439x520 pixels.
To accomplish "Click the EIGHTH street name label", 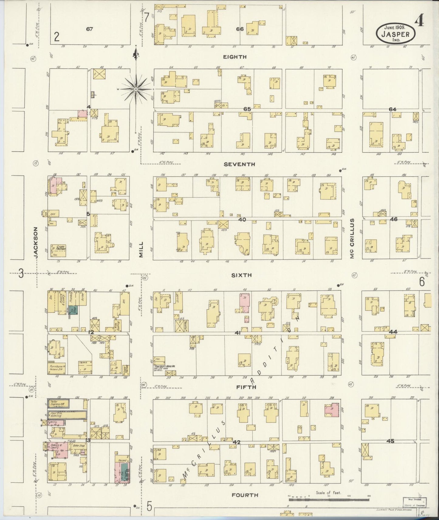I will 235,57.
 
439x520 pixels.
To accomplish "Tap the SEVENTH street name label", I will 239,164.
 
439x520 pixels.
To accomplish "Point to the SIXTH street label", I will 241,275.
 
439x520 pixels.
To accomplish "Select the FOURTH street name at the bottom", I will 245,495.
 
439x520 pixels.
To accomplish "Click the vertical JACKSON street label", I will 36,243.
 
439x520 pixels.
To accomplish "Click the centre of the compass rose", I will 135,89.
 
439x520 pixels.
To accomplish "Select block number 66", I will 240,29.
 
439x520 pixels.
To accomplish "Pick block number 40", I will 242,219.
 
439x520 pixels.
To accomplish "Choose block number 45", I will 390,441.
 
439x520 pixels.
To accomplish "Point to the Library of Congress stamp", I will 415,502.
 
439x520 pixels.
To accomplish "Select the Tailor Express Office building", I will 58,403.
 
